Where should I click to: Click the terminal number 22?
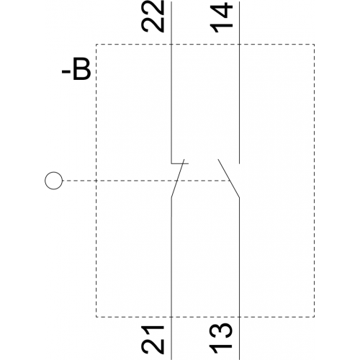tap(153, 16)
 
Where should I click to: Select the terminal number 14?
tap(221, 17)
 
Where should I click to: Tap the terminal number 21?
tap(153, 340)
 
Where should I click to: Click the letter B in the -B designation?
tap(82, 68)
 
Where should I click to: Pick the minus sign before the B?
tap(66, 71)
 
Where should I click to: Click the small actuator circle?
tap(54, 181)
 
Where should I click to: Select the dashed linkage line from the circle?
tap(146, 181)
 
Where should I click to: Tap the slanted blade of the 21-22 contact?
tap(178, 179)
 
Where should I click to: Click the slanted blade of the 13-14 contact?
tap(228, 179)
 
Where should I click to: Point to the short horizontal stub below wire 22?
tap(180, 163)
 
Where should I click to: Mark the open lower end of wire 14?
tap(239, 163)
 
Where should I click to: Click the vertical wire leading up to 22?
tap(171, 83)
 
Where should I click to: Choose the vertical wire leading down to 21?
tap(171, 279)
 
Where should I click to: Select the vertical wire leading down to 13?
tap(239, 279)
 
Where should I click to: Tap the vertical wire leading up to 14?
tap(239, 83)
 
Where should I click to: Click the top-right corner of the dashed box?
tap(315, 45)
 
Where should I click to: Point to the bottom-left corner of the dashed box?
tap(96, 317)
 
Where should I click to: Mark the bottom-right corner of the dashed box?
tap(315, 317)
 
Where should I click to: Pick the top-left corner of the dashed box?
tap(96, 45)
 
